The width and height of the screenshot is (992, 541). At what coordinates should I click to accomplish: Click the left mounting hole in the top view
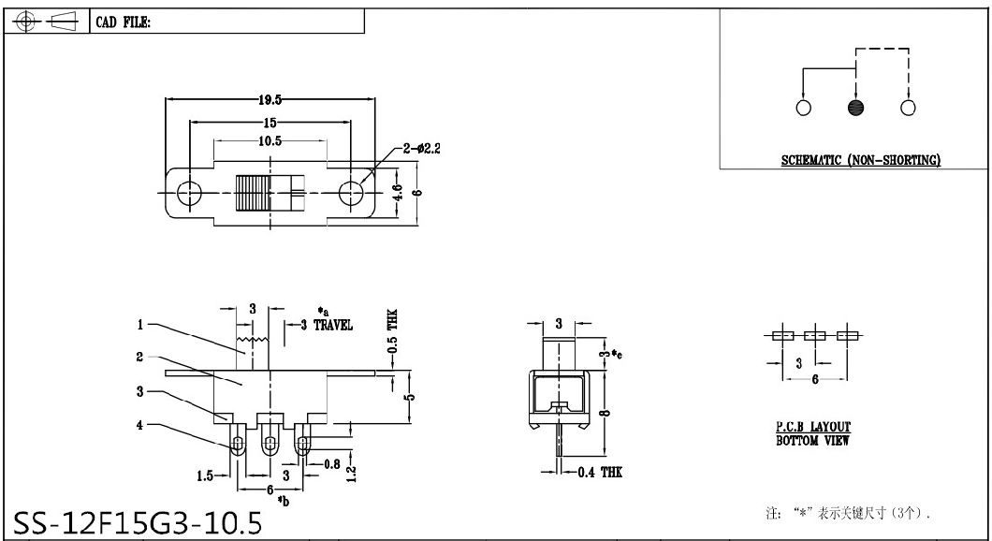click(x=189, y=193)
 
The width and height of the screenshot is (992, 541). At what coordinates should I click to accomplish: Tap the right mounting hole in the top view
click(x=351, y=193)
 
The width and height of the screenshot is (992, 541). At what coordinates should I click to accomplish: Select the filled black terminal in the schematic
click(x=854, y=108)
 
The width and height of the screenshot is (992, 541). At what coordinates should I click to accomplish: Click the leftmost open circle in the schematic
click(x=803, y=108)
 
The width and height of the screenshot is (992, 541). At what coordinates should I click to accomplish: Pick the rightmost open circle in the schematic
click(x=907, y=108)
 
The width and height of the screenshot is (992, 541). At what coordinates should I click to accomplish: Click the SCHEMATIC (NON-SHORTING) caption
click(x=860, y=160)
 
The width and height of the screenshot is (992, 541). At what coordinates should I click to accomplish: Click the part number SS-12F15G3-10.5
click(x=138, y=520)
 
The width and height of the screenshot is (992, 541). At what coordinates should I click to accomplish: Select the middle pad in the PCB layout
click(x=815, y=335)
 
